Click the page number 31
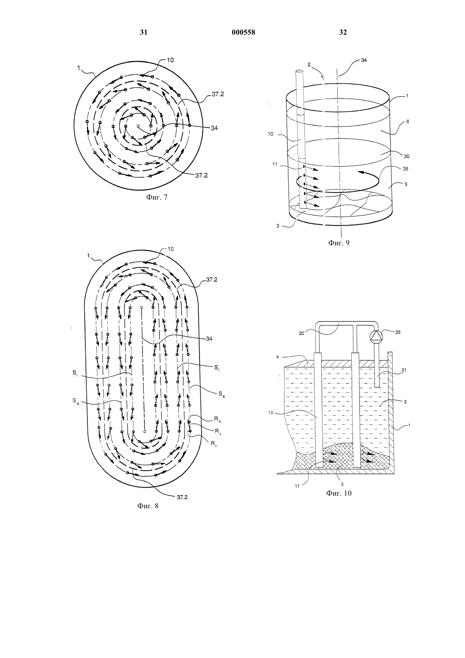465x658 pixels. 143,33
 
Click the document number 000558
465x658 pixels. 243,33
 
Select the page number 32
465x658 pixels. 343,33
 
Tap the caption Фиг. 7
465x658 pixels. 157,197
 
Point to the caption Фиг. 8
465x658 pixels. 148,506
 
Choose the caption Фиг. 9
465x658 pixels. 339,243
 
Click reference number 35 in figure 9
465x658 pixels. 406,169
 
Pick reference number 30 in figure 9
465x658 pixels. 407,156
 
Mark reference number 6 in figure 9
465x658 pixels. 408,121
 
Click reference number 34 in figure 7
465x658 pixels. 214,128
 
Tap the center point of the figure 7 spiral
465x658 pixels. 138,126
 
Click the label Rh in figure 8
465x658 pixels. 218,420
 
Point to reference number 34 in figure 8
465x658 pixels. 209,339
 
